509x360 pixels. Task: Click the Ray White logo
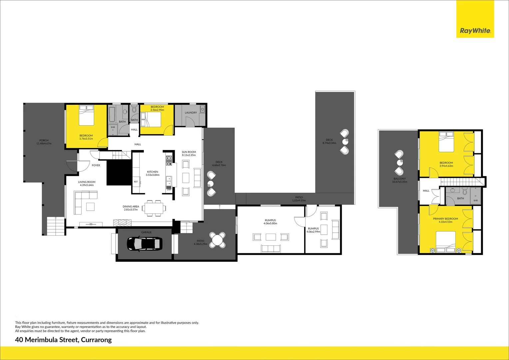475,31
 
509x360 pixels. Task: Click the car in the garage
145,244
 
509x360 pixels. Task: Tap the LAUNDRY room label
191,113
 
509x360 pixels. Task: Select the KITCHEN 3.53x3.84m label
153,173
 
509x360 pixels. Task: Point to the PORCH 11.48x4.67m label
44,142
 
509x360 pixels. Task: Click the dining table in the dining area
154,209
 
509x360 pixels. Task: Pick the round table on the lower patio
218,240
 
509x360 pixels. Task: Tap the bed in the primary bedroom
446,242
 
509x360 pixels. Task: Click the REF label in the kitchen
136,182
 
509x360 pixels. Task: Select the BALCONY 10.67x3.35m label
399,180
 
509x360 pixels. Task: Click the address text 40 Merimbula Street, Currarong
63,340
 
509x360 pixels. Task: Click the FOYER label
96,165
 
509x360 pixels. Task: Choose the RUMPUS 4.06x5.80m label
270,222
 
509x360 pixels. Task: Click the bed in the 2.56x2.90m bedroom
152,119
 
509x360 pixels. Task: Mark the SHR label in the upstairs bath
475,200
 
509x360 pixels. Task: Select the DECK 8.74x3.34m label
329,141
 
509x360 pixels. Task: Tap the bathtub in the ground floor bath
112,114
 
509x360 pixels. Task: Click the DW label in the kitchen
169,190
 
